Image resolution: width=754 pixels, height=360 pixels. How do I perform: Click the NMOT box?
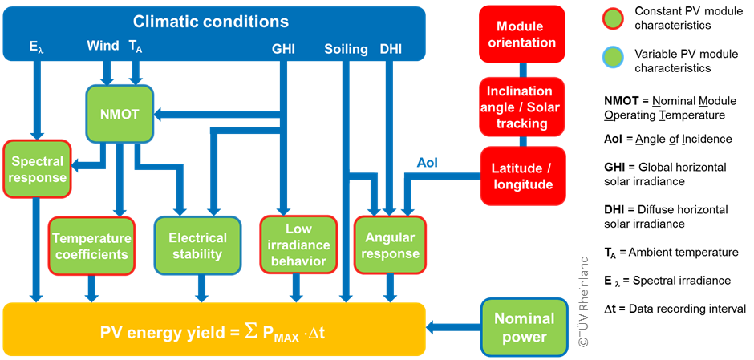point(120,115)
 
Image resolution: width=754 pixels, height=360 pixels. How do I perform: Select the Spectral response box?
point(36,168)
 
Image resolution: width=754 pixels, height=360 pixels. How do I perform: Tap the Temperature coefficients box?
point(91,245)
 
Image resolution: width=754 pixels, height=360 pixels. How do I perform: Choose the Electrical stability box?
point(197,245)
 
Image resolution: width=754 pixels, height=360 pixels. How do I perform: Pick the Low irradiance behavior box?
point(298,245)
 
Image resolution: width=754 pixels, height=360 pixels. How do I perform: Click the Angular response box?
point(391,245)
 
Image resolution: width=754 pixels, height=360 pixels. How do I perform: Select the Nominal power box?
point(524,327)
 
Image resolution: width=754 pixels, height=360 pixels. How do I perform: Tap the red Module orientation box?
point(522,34)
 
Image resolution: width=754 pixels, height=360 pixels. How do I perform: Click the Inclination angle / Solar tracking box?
point(522,107)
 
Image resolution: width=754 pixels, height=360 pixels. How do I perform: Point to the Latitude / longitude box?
point(522,176)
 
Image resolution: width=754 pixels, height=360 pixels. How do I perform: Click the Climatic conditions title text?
point(211,22)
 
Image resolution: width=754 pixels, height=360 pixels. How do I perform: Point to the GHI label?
point(283,49)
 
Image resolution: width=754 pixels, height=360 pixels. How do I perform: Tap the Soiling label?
point(346,49)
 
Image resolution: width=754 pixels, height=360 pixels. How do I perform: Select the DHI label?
point(391,49)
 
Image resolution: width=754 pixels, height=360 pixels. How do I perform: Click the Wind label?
point(103,47)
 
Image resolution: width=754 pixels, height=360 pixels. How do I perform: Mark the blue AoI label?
point(428,163)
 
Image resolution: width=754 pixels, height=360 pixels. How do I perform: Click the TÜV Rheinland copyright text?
point(583,301)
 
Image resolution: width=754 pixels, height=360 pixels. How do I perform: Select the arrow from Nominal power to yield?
point(452,327)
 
